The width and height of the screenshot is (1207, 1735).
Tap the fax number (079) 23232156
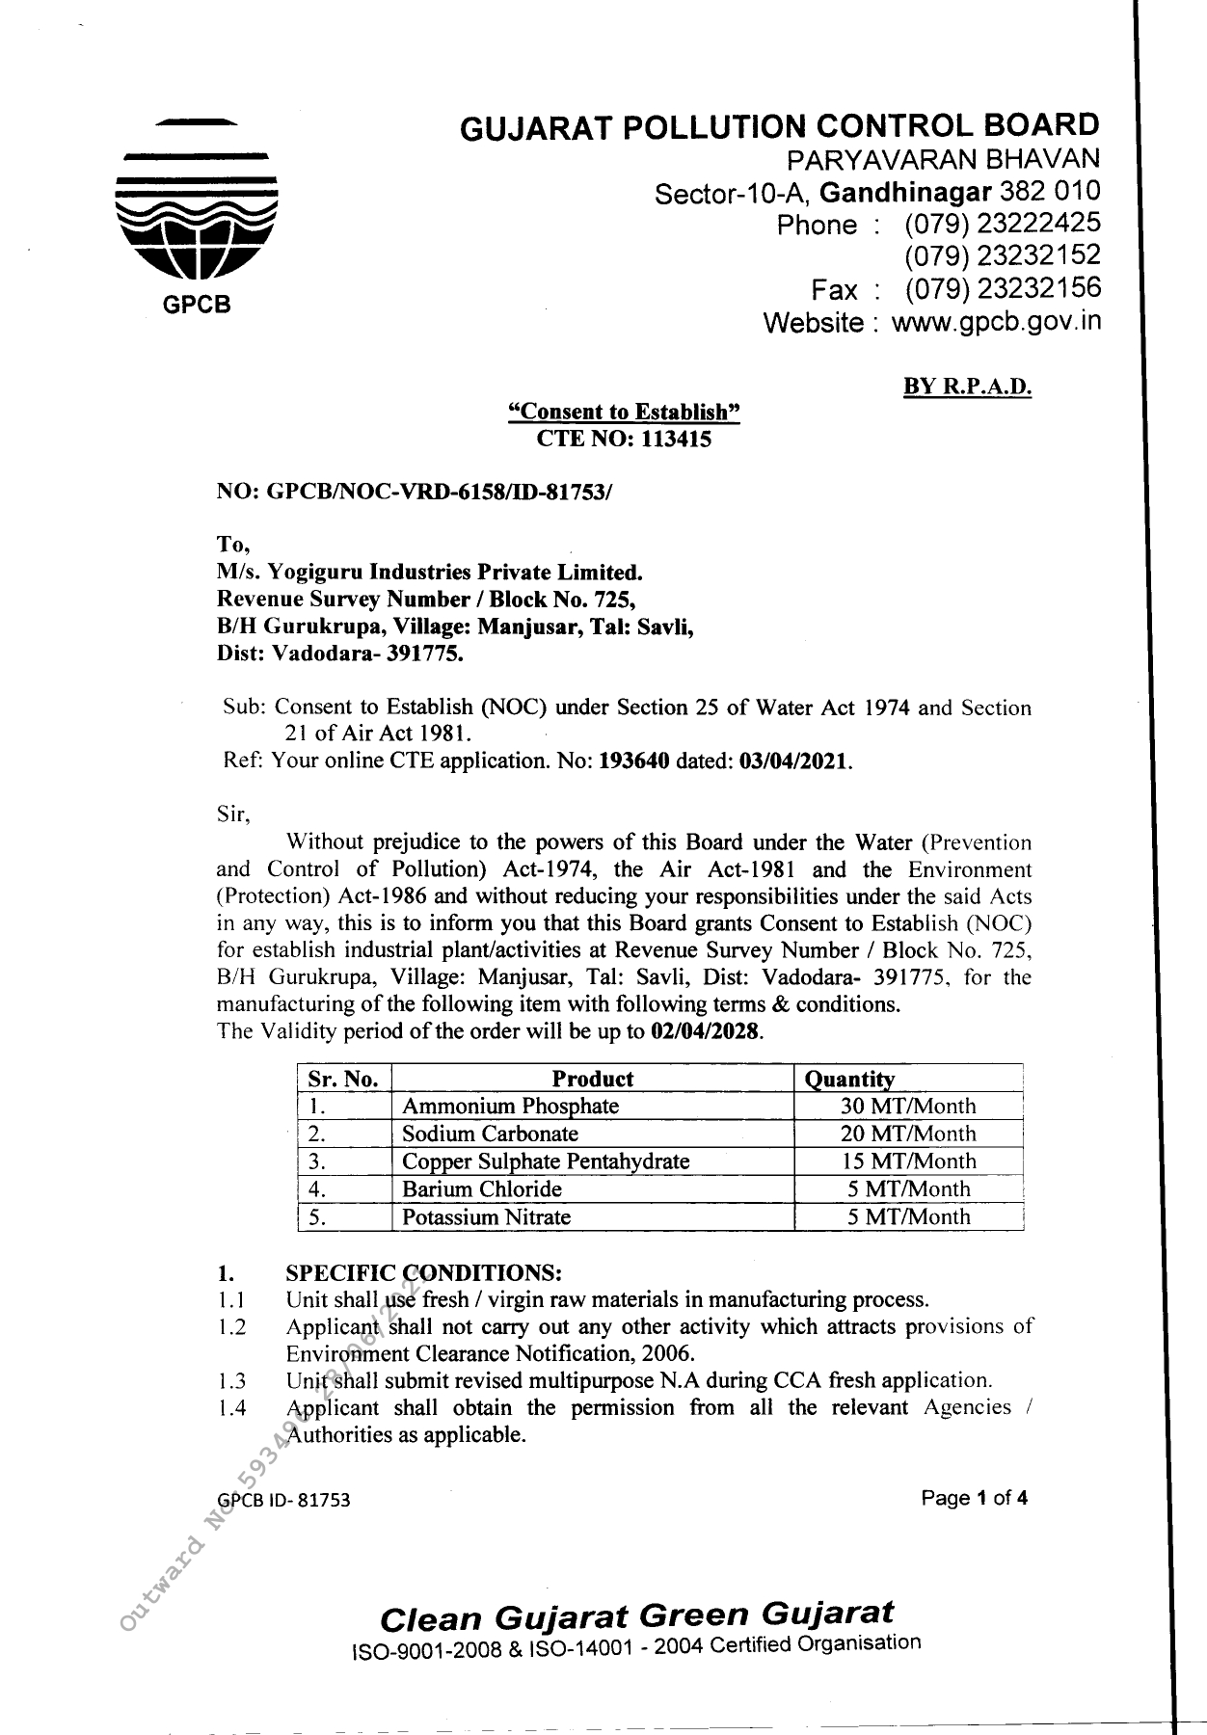1002,288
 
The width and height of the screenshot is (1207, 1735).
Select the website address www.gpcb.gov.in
995,321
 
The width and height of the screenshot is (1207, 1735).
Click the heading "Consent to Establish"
625,413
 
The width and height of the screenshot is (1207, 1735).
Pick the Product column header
592,1079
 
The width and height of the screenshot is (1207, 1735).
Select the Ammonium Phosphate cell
510,1106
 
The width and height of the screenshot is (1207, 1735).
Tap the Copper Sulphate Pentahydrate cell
545,1161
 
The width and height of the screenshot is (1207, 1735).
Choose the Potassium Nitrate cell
486,1216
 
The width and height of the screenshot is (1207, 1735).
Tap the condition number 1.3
231,1380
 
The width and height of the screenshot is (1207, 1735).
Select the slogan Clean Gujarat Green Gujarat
636,1615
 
